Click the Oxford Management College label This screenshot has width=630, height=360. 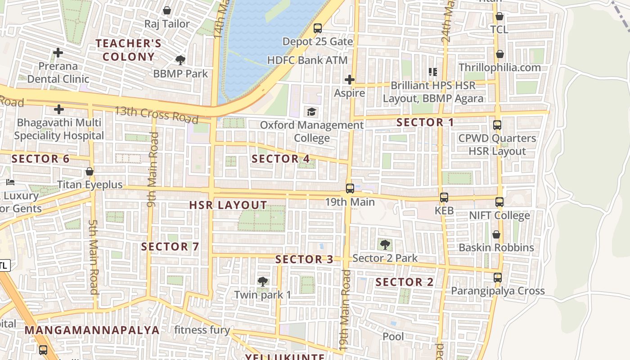(311, 131)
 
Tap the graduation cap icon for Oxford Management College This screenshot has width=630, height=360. (311, 112)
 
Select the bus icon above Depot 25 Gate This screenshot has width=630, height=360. (318, 28)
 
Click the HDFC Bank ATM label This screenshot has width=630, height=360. (307, 60)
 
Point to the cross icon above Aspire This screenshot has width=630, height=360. (349, 80)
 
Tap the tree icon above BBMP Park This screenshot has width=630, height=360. (180, 60)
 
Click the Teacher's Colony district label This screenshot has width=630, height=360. (128, 50)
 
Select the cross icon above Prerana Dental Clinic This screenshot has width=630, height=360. (58, 53)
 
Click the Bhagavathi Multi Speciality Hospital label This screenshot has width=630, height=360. (59, 129)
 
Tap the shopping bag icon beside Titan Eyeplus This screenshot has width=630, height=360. (90, 171)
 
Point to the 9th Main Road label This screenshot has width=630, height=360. (153, 169)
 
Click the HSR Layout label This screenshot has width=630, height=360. (228, 205)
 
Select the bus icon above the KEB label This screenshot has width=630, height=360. (444, 197)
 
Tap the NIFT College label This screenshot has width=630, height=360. (499, 216)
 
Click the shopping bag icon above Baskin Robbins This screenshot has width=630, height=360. (496, 234)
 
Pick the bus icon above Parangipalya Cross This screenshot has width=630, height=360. (498, 278)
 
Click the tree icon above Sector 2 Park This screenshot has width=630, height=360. (385, 245)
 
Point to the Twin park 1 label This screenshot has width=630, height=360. (262, 295)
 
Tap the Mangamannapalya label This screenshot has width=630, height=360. (92, 330)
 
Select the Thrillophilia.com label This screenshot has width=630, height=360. (499, 67)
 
